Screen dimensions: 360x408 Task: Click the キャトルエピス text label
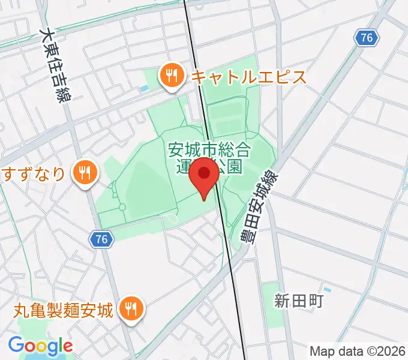[x=248, y=77]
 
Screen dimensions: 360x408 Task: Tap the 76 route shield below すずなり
[x=101, y=239]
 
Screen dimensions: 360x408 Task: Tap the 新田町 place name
[x=299, y=300]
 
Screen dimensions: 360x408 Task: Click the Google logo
[x=40, y=346]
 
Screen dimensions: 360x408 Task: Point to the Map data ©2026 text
[x=358, y=350]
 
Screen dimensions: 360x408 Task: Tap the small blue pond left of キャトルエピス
[x=143, y=89]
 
